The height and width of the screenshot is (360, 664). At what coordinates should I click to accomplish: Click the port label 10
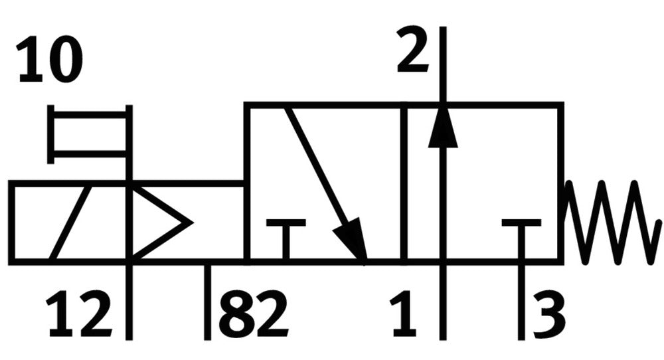50,60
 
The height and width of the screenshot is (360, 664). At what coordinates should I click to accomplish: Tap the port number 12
79,314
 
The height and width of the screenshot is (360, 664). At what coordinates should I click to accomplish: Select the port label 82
253,314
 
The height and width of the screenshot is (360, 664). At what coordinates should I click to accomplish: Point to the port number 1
404,314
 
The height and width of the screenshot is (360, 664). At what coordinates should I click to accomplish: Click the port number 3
549,314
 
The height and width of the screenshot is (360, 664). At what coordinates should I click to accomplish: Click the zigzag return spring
612,223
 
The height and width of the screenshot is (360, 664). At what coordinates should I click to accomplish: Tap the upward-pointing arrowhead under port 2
443,129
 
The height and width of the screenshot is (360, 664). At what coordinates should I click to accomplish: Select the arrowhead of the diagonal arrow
352,239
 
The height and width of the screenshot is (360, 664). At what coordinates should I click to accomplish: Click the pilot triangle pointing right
161,223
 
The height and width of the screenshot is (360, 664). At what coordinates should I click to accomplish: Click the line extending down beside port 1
443,302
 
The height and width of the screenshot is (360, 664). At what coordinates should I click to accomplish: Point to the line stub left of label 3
521,302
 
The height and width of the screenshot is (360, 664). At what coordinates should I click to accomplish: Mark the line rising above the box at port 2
443,64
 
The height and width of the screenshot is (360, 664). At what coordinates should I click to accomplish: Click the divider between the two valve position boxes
404,183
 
